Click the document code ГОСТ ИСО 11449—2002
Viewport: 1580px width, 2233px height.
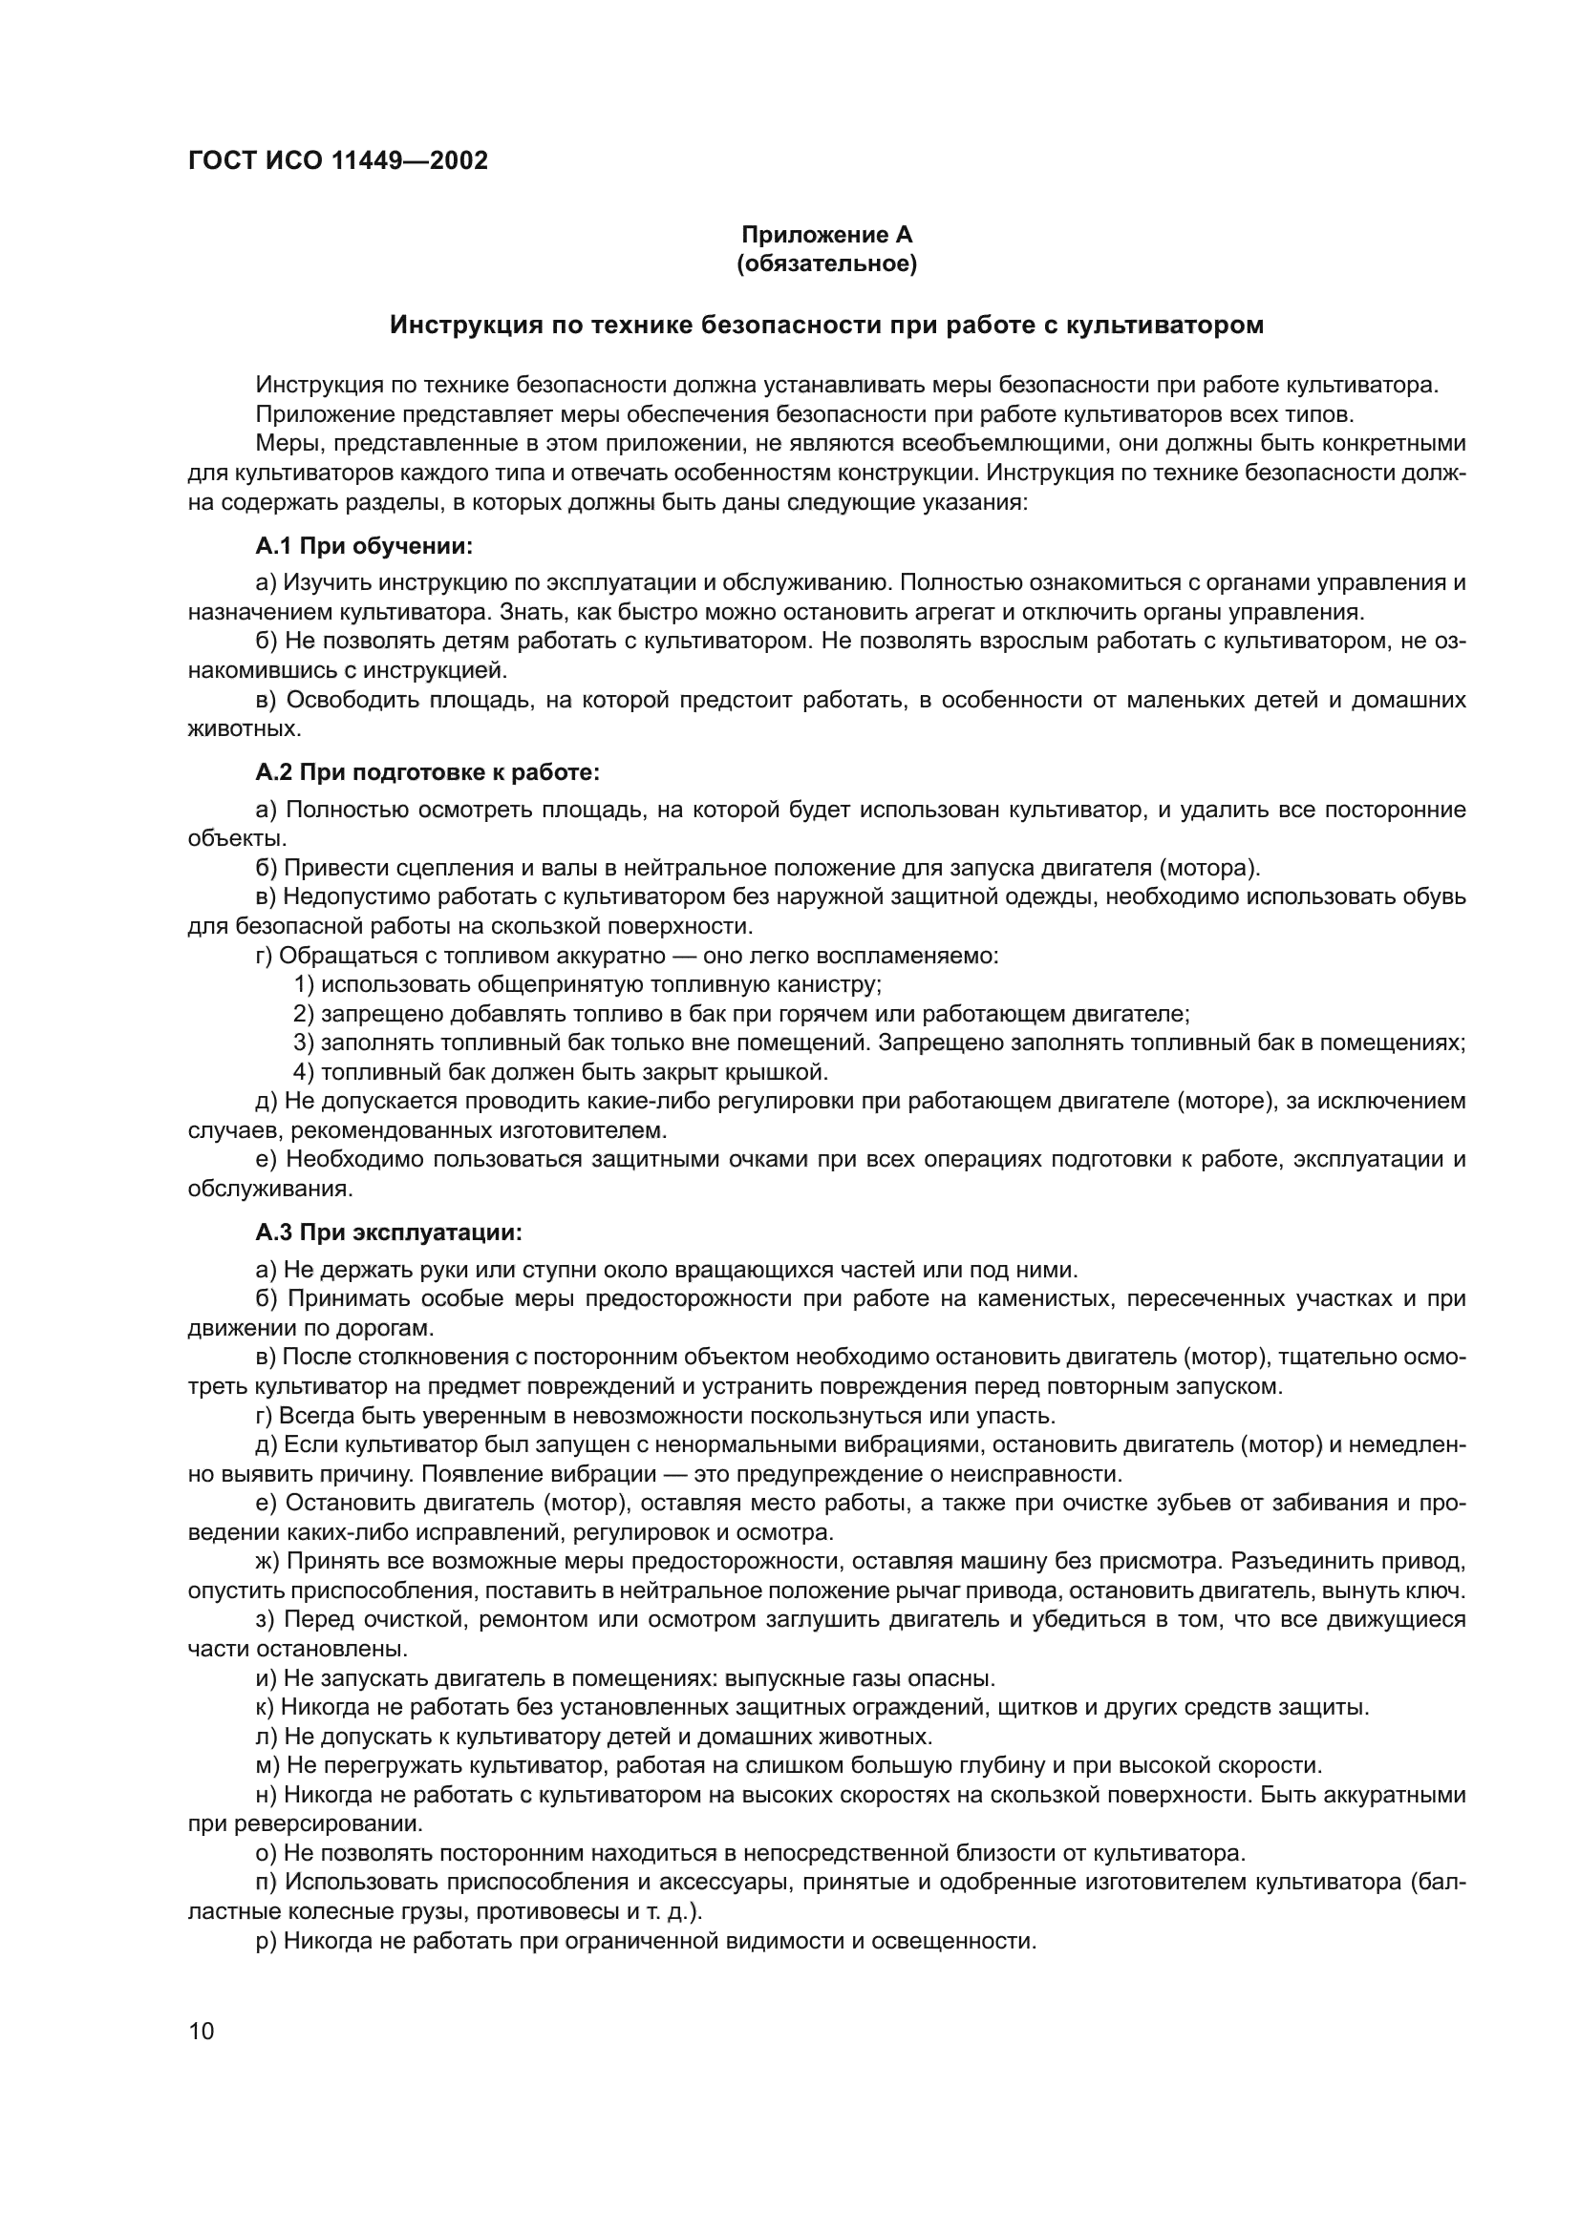(x=337, y=160)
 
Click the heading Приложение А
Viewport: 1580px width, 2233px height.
(x=827, y=235)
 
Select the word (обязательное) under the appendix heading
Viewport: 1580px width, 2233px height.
(x=827, y=263)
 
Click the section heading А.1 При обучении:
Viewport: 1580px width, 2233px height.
(x=364, y=547)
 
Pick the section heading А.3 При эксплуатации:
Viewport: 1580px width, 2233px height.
(x=388, y=1233)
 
